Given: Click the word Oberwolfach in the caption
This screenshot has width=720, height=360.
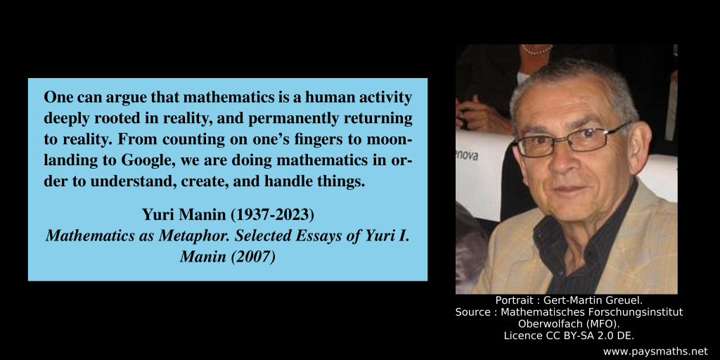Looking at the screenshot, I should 546,323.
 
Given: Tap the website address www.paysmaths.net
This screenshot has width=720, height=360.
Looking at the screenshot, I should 655,350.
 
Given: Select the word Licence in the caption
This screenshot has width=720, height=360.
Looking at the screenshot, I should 522,335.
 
